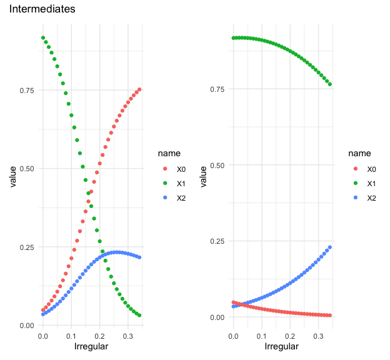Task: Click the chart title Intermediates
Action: coord(42,10)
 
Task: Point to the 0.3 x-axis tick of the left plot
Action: coord(128,336)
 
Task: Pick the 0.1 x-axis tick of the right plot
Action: coord(261,336)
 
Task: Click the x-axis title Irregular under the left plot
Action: coord(91,346)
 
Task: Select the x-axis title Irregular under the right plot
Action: coord(282,346)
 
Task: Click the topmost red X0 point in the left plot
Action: coord(140,89)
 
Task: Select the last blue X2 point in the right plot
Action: coord(330,247)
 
